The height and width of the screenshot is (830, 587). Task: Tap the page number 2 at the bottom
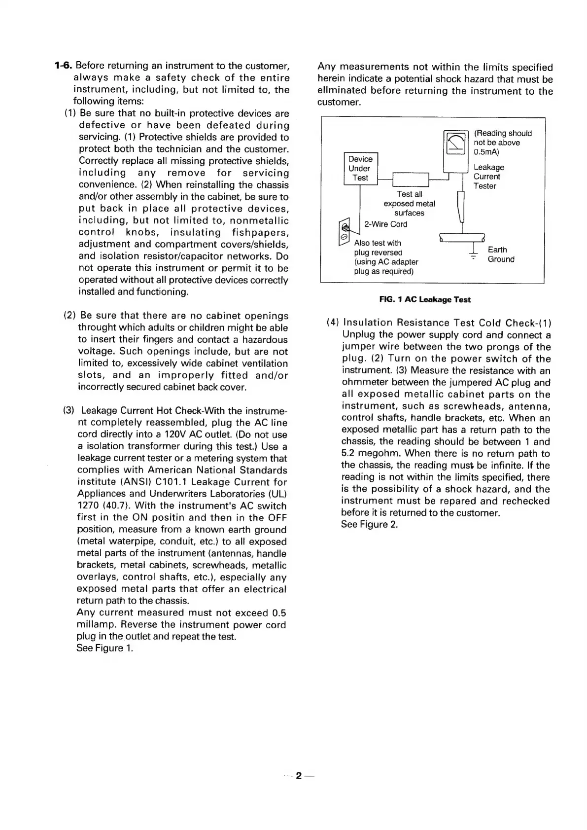click(x=299, y=776)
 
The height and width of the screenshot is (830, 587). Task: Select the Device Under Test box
click(x=360, y=168)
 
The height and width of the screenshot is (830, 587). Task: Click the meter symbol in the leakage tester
click(x=456, y=143)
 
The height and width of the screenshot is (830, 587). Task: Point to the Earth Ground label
click(x=501, y=254)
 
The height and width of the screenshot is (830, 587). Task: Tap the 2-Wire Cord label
click(x=385, y=224)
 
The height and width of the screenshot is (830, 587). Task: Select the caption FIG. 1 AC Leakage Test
click(x=425, y=299)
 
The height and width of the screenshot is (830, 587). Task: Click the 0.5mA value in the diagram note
click(x=486, y=152)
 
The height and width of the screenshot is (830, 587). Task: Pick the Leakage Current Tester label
click(x=488, y=177)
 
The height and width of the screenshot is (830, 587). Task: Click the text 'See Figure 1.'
click(x=105, y=648)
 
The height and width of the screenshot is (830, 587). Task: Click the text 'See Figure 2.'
click(x=369, y=524)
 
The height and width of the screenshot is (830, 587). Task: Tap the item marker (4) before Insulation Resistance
click(x=333, y=323)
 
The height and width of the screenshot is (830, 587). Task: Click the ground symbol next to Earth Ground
click(x=473, y=253)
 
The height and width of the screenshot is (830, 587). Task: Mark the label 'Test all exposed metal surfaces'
click(x=409, y=204)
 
